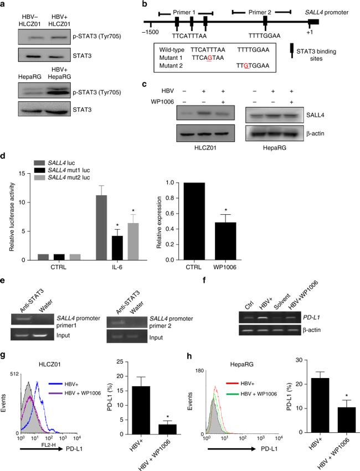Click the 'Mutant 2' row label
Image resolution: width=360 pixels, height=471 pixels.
pos(173,65)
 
